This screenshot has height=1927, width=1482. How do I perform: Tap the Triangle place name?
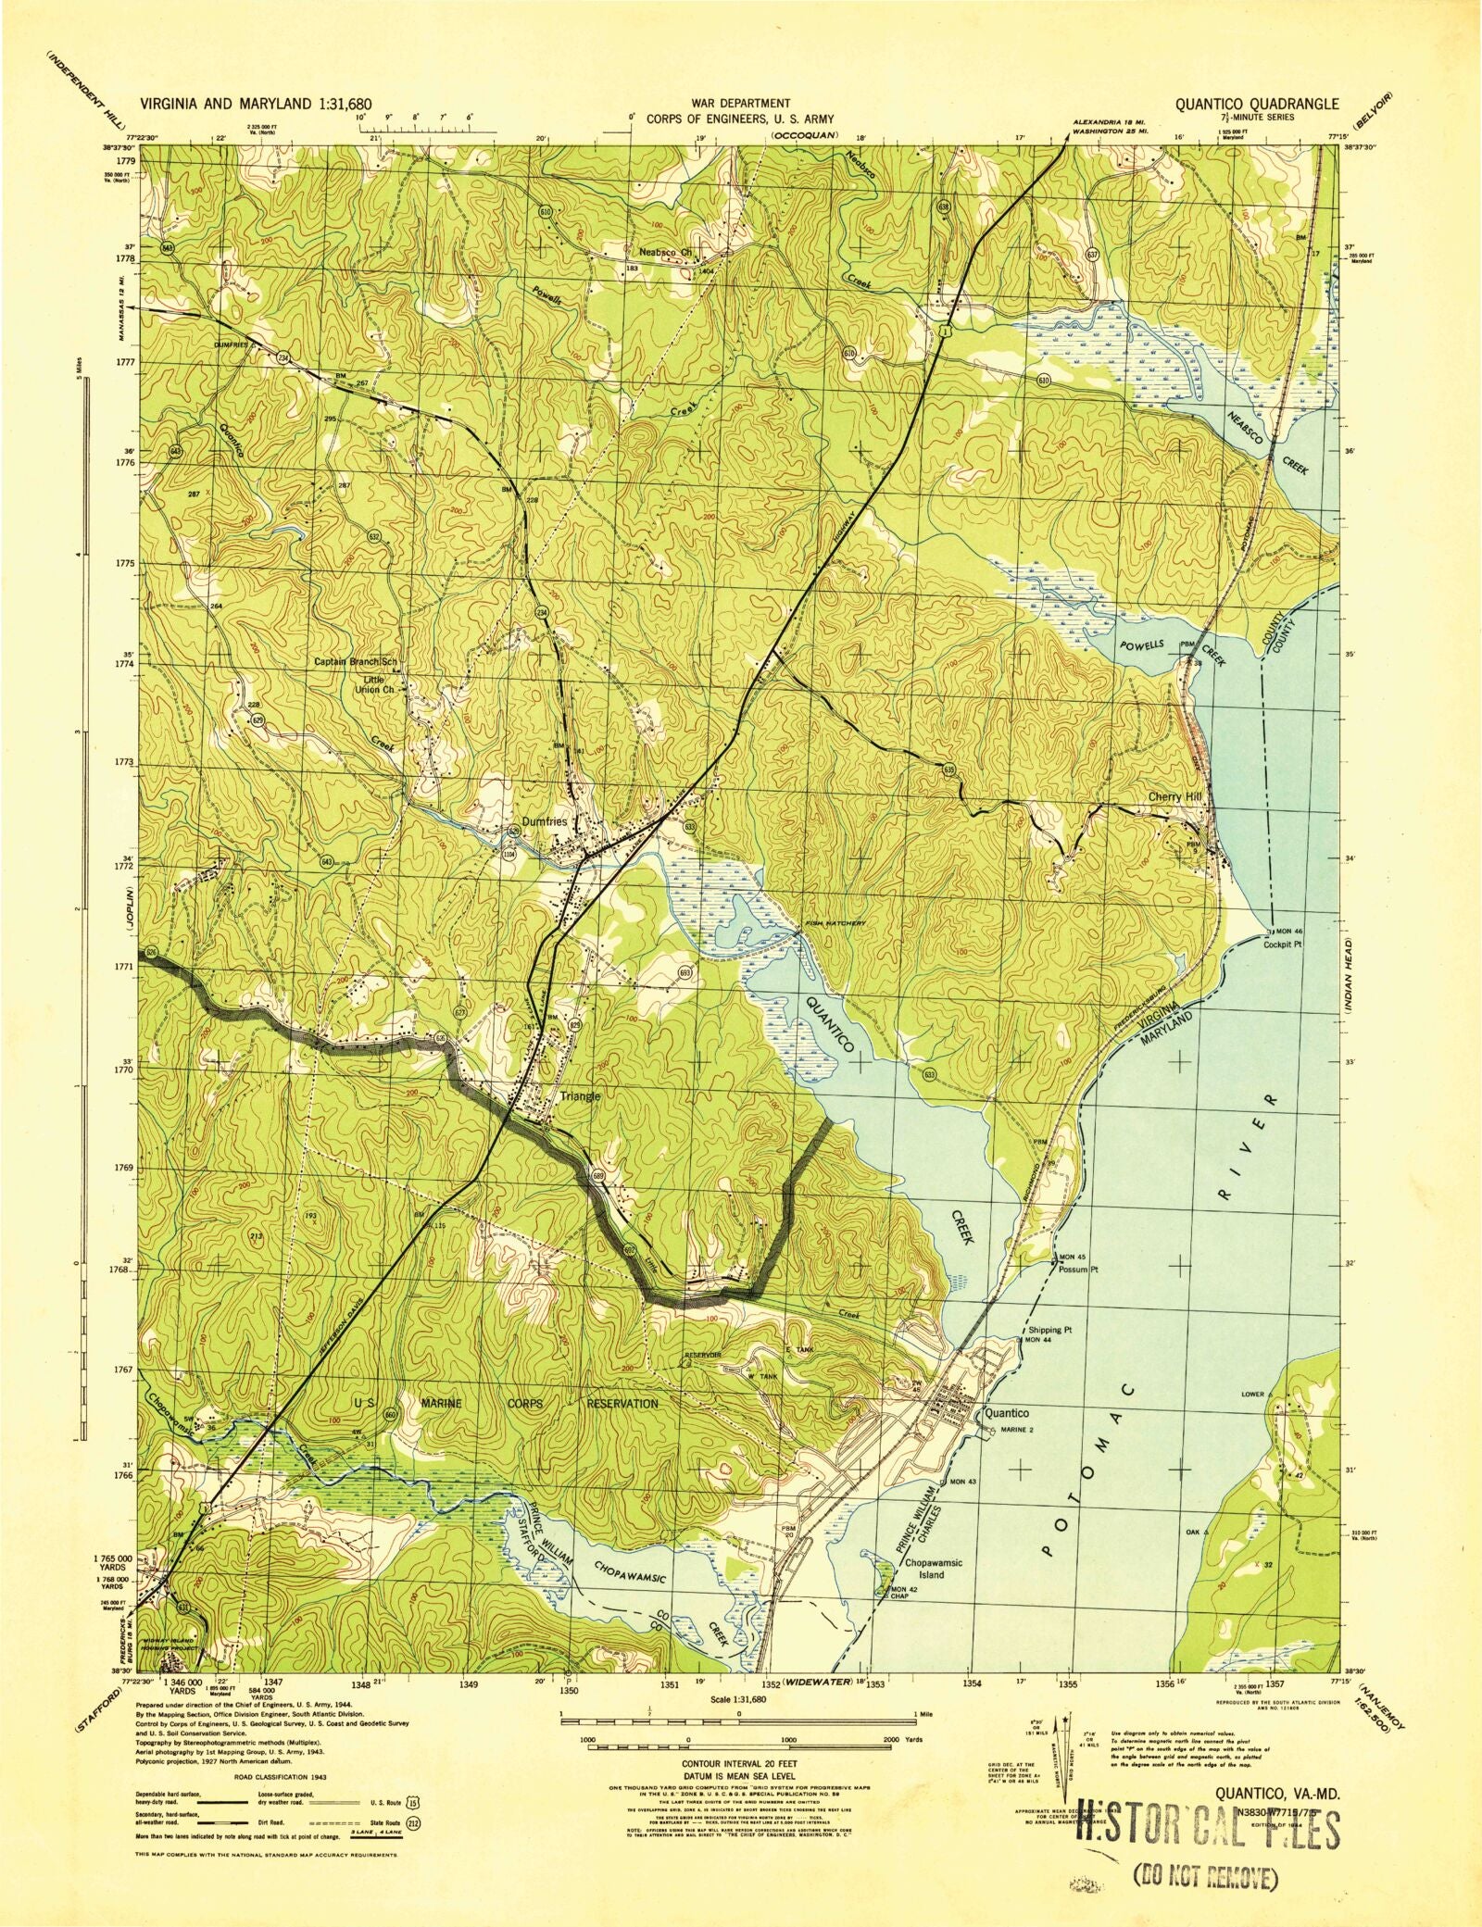pyautogui.click(x=581, y=1096)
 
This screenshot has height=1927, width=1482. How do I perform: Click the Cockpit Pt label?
pyautogui.click(x=1284, y=945)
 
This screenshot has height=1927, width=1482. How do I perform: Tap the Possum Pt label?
pyautogui.click(x=1078, y=1270)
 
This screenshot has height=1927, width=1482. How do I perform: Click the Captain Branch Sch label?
pyautogui.click(x=356, y=662)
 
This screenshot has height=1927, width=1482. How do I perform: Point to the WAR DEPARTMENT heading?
pyautogui.click(x=732, y=104)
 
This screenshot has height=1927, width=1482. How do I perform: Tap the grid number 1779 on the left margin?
pyautogui.click(x=126, y=160)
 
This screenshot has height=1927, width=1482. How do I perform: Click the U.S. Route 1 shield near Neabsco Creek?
pyautogui.click(x=942, y=331)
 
